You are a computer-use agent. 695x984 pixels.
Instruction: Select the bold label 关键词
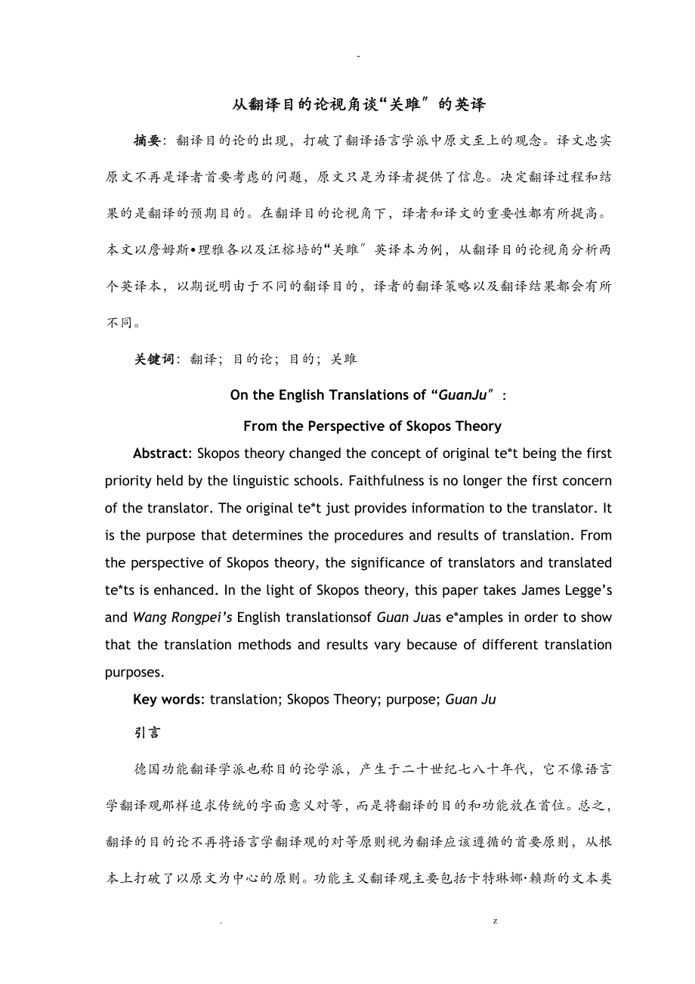pyautogui.click(x=153, y=359)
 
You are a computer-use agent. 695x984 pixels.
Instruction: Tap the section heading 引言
pyautogui.click(x=147, y=732)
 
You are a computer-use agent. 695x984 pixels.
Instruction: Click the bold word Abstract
pyautogui.click(x=160, y=453)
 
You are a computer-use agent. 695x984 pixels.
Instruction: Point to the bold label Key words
pyautogui.click(x=167, y=699)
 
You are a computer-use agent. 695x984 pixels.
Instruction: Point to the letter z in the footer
pyautogui.click(x=495, y=922)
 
